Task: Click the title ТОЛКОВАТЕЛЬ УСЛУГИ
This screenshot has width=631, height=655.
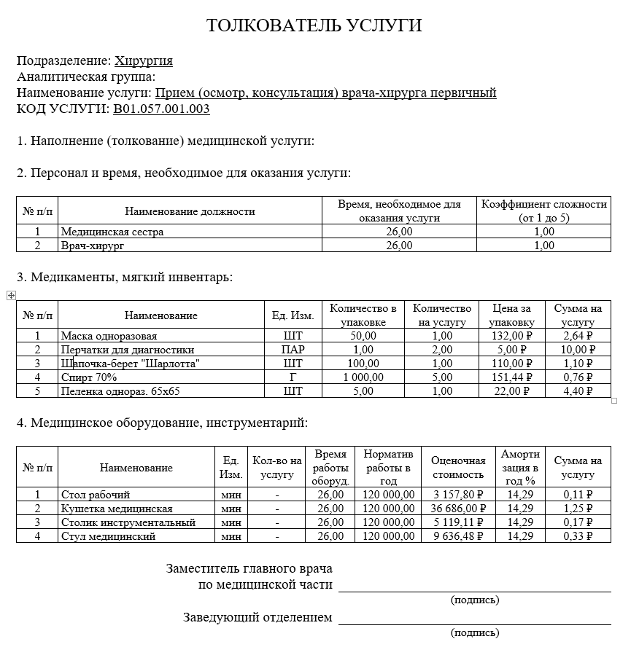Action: coord(314,26)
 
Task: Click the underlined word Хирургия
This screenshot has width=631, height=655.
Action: coord(144,60)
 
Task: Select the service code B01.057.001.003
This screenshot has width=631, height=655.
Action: coord(161,109)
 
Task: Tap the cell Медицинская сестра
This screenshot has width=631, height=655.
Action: coord(112,232)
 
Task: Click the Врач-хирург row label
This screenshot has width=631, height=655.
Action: coord(93,246)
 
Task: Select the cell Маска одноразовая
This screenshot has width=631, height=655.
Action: coord(109,336)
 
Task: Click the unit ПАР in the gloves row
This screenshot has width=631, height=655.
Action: coord(293,350)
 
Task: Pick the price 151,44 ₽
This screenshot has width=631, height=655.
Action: coord(512,377)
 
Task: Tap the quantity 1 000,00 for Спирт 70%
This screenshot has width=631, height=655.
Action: coord(363,377)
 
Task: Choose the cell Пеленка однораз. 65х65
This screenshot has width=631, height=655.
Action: coord(120,391)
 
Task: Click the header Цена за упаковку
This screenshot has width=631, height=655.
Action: coord(511,315)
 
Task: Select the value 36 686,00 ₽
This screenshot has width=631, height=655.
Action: coord(458,509)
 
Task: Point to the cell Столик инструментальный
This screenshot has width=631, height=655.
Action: coord(128,522)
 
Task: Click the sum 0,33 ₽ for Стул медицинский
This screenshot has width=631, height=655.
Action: coord(578,536)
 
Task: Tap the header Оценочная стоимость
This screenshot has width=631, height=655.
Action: coord(458,468)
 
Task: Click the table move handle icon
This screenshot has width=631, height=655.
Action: coord(11,295)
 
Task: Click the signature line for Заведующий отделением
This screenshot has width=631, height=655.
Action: coord(474,624)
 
